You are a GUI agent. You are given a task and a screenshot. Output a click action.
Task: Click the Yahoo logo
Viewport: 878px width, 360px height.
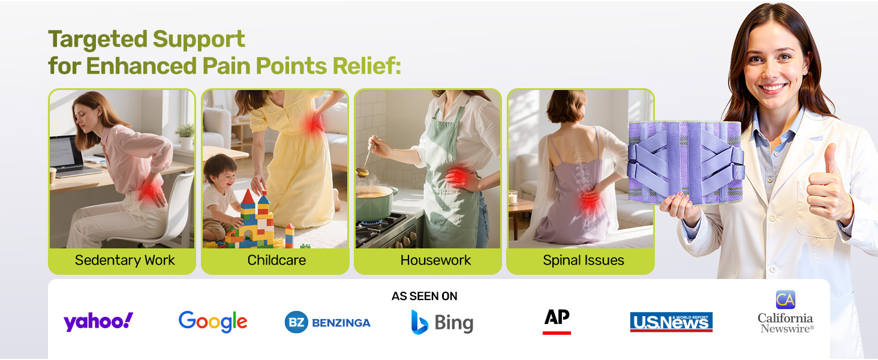coord(98,322)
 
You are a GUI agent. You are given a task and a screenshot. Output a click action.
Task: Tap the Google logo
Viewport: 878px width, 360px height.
coord(213,322)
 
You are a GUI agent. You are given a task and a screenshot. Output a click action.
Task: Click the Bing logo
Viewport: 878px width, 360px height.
coord(442,322)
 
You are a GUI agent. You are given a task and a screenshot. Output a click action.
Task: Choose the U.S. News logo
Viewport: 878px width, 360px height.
coord(671,322)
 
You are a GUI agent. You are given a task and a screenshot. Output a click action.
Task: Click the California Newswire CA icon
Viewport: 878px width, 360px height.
coord(785,299)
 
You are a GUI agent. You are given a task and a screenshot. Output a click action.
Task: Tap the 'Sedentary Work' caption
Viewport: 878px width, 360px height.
coord(125,260)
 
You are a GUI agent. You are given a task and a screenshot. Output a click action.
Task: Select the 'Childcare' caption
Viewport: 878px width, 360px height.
coord(276,260)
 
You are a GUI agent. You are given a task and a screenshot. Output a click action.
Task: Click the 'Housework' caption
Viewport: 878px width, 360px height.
coord(435,260)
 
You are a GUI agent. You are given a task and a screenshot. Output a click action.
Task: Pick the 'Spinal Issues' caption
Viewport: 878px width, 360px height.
coord(584,260)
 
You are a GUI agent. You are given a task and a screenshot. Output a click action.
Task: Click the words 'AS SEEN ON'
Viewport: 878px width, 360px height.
coord(425,296)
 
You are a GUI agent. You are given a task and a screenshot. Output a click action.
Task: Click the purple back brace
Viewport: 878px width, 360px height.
coord(685,162)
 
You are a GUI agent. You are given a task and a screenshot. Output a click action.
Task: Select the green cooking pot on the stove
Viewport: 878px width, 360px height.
coord(375,203)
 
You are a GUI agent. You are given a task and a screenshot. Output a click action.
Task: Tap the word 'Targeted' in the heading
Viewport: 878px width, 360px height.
coord(97,40)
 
